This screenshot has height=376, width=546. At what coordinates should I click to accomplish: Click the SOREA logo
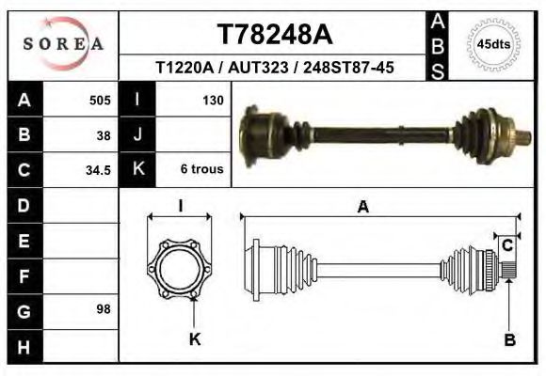63,44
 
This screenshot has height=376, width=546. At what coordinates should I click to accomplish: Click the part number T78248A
274,35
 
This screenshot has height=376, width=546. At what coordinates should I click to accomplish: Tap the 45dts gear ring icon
494,44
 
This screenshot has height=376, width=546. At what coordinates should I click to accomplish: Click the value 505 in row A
100,100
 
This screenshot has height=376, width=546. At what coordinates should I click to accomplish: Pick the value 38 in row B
104,134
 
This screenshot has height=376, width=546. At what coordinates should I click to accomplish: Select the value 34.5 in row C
99,170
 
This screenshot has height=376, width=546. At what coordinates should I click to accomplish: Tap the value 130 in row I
212,100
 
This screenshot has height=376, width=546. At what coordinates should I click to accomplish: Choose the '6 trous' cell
201,170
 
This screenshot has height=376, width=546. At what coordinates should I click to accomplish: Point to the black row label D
24,205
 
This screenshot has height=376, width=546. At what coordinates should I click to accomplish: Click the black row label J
137,134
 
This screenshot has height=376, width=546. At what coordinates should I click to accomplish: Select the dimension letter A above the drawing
362,209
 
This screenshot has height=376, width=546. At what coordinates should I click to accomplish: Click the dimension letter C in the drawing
507,245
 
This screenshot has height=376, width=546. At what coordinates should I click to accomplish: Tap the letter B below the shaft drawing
509,340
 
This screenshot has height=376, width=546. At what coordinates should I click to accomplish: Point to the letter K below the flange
195,339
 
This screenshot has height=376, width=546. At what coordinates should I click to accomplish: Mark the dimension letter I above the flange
181,207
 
